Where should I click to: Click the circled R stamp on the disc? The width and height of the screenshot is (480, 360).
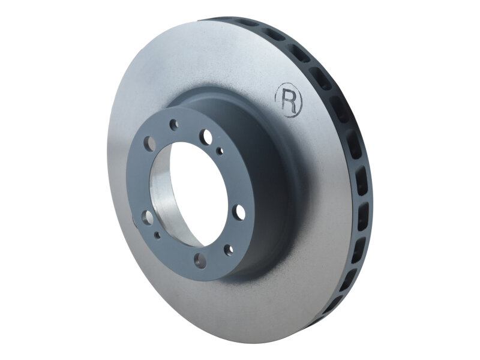pos(289,100)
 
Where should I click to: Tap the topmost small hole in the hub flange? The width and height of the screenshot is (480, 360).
pos(173,125)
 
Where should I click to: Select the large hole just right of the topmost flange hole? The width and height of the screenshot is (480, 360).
pos(206,136)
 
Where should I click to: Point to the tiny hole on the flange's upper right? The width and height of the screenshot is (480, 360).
pos(221,151)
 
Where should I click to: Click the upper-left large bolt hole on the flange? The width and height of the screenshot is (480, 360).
pos(150,143)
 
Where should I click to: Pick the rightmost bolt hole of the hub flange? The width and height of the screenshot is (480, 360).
pos(239,212)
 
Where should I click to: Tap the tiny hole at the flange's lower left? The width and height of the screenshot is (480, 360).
pos(157,235)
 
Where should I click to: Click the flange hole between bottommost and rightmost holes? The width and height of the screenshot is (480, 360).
pos(229,250)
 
